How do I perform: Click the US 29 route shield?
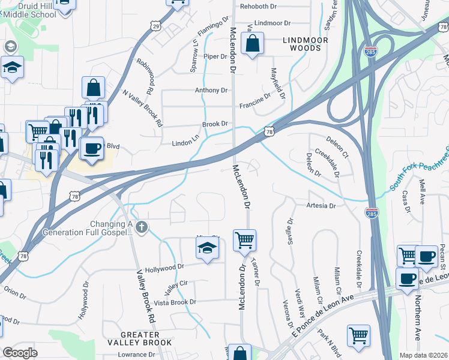[157, 26]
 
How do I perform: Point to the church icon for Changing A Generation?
[142, 227]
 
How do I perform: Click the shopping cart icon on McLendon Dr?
[244, 241]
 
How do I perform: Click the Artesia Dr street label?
[320, 206]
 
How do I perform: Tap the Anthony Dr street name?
[211, 91]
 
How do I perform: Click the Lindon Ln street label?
[185, 143]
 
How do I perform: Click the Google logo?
[20, 353]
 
